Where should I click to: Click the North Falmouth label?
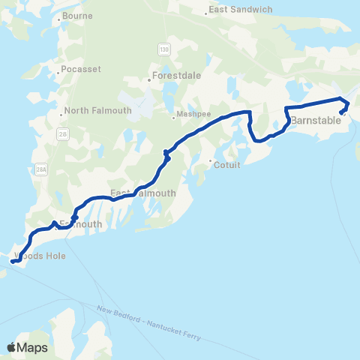97,111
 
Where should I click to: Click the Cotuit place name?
227,165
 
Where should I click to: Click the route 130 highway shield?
163,49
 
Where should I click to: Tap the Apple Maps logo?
27,347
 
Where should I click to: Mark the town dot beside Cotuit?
211,160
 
